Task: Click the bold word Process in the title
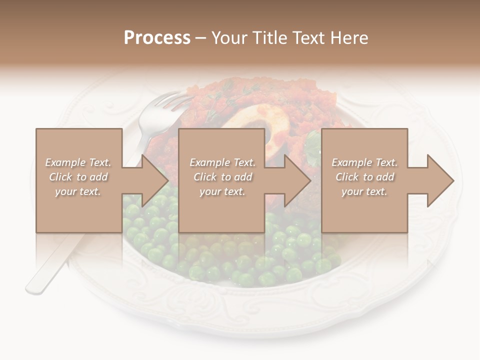[157, 37]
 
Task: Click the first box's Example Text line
[78, 162]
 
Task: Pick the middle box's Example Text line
[222, 162]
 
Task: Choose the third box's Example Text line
[364, 162]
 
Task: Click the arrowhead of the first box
[155, 180]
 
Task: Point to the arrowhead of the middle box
[298, 180]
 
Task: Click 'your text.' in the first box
[78, 191]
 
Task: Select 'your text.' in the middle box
[222, 191]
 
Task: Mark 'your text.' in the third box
[364, 191]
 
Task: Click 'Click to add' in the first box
[78, 177]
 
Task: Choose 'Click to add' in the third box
[364, 177]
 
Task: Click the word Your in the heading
[228, 37]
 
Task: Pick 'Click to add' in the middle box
[222, 177]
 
